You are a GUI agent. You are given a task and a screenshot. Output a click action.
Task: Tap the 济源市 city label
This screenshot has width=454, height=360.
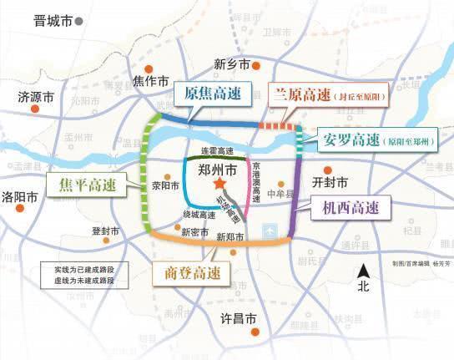36,97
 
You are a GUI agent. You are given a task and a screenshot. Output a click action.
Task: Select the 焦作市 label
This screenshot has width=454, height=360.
152,81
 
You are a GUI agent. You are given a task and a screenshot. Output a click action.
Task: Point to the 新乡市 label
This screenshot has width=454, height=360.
231,64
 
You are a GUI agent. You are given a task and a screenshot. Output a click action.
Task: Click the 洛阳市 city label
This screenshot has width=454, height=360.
21,198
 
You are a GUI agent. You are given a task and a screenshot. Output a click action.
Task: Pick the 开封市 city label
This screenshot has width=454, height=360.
329,182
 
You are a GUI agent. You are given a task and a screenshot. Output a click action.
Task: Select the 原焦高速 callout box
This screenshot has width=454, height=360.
214,94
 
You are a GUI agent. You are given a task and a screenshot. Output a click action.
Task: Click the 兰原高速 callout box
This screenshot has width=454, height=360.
330,95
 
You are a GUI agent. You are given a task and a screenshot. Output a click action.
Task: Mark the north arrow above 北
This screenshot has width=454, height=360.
363,269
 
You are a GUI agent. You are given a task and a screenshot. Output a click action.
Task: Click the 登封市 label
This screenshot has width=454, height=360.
107,231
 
